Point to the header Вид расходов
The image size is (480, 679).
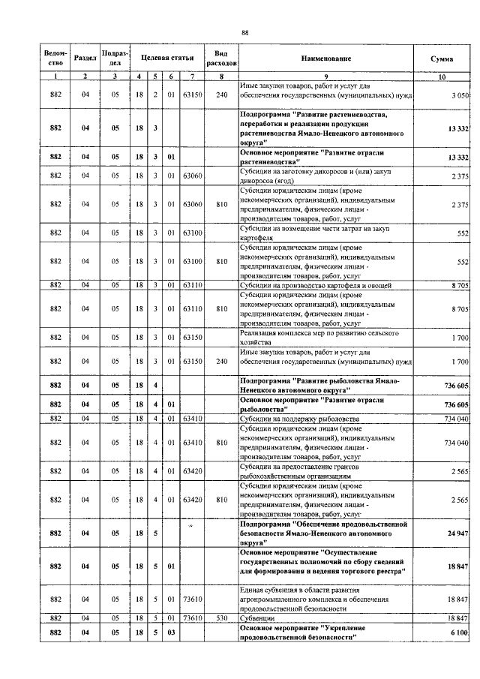click(x=221, y=58)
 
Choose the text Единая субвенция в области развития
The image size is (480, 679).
click(x=304, y=590)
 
